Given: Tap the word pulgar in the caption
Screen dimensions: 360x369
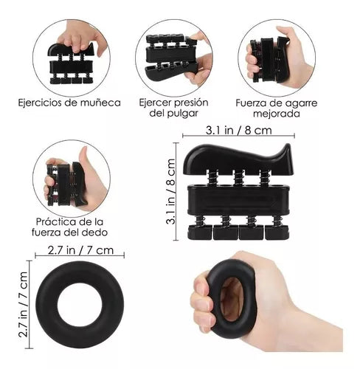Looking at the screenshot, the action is [184, 113].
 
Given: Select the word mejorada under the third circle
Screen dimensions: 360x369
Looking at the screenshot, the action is [277, 114].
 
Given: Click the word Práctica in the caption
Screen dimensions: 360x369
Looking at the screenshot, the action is [58, 222].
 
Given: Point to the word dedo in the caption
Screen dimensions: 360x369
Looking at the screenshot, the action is [96, 232].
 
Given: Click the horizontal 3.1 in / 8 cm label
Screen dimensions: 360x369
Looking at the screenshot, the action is [239, 130].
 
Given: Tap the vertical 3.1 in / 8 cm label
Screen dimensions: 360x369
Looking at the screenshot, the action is [171, 191].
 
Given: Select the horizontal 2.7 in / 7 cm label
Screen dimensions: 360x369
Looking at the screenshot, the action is [80, 250].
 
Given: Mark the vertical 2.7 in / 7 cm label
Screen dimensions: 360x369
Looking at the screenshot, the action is [23, 305].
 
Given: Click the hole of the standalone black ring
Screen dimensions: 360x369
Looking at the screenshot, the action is [80, 305].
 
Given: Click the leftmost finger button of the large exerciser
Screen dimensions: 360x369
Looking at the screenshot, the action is [200, 232].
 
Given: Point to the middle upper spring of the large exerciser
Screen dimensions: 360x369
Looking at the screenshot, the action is [238, 178].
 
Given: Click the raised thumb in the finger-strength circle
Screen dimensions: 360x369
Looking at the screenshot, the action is [83, 159].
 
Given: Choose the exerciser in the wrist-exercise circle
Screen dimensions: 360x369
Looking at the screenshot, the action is [71, 63].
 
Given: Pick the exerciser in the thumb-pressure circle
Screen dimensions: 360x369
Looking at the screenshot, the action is [172, 57].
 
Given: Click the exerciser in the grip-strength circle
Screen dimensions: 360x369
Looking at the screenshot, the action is [269, 59].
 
